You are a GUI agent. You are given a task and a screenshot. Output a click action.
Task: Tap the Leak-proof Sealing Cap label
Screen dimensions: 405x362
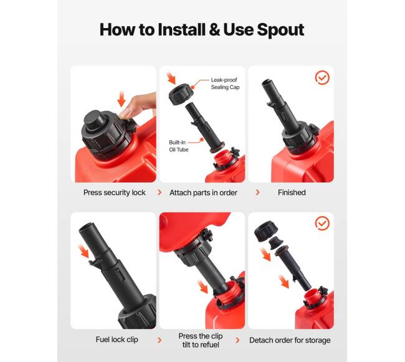(225, 83)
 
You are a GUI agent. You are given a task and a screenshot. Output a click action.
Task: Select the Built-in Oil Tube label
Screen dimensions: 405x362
(178, 146)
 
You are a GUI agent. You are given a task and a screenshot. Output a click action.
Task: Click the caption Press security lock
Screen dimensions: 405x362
(115, 193)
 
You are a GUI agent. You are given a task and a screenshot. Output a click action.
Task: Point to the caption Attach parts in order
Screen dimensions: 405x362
(203, 193)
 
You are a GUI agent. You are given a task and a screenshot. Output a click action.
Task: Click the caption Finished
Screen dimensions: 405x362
(292, 193)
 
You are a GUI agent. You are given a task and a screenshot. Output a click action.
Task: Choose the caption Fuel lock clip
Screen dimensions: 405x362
(117, 340)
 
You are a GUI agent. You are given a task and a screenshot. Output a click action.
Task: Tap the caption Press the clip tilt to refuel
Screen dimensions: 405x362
(201, 340)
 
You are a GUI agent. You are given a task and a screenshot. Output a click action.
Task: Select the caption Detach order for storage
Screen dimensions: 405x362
(290, 340)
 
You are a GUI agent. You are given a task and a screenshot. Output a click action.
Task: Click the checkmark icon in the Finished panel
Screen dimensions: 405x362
(322, 77)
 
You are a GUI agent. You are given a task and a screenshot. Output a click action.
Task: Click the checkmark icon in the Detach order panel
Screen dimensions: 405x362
(322, 223)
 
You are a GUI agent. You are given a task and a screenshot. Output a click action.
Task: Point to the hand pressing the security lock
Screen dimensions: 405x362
(138, 107)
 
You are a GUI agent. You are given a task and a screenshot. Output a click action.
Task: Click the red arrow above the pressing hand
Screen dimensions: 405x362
(121, 100)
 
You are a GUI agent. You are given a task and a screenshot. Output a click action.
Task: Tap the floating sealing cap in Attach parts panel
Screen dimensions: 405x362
(181, 94)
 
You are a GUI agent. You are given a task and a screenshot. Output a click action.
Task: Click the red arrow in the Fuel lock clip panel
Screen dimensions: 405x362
(83, 251)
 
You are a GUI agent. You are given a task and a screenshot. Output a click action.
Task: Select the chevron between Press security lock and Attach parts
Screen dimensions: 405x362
(160, 193)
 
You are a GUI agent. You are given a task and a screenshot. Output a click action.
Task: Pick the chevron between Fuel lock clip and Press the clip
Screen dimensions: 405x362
(160, 340)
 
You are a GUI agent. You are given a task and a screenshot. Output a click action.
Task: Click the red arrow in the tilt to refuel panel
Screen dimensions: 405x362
(202, 287)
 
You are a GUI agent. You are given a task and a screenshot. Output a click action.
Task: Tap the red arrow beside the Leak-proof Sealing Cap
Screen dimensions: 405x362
(171, 79)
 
